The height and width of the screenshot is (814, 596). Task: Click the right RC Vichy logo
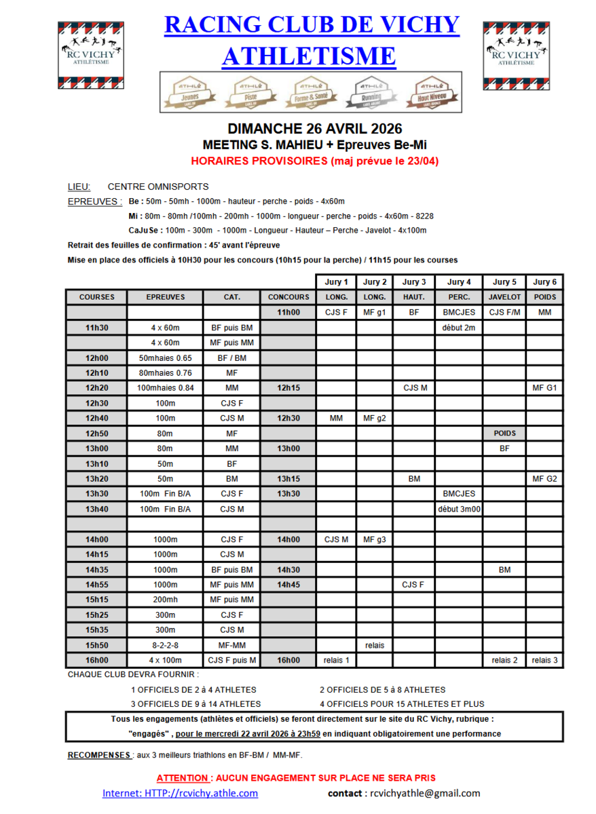pos(516,56)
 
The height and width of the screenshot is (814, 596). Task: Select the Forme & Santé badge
pos(312,93)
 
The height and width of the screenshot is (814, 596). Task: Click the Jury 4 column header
pos(459,282)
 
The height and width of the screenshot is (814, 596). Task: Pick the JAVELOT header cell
pos(504,297)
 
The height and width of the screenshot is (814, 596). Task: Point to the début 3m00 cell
pos(459,509)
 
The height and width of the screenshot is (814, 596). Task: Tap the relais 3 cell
pos(545,660)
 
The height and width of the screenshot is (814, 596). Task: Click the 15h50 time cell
pos(96,645)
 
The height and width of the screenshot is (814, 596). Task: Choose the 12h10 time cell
pos(96,373)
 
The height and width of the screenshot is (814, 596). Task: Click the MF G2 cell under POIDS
pos(545,479)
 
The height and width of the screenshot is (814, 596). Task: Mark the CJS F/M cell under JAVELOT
pos(504,313)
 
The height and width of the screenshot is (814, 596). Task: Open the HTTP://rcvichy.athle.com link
pos(180,793)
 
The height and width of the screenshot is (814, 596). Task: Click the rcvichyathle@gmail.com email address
pos(425,793)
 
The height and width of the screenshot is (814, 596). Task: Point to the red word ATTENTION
pos(182,778)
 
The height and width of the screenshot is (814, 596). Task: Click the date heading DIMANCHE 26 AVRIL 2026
pos(315,129)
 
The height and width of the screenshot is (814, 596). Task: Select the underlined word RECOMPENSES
pos(99,755)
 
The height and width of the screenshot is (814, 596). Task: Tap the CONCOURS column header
pos(288,297)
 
